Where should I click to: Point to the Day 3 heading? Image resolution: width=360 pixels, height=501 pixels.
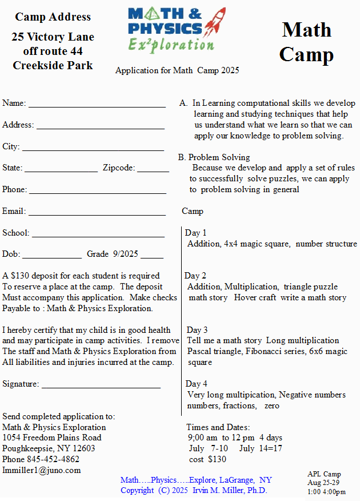197,330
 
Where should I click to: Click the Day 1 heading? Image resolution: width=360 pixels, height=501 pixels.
196,233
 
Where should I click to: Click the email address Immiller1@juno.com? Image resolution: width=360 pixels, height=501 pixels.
42,470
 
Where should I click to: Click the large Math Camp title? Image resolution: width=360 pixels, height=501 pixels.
306,42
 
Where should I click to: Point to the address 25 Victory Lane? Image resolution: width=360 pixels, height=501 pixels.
53,37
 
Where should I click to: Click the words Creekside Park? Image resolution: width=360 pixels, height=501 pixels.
53,65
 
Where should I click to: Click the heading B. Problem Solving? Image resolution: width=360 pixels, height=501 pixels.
214,157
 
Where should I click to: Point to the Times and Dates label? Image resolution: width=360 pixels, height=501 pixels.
218,427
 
